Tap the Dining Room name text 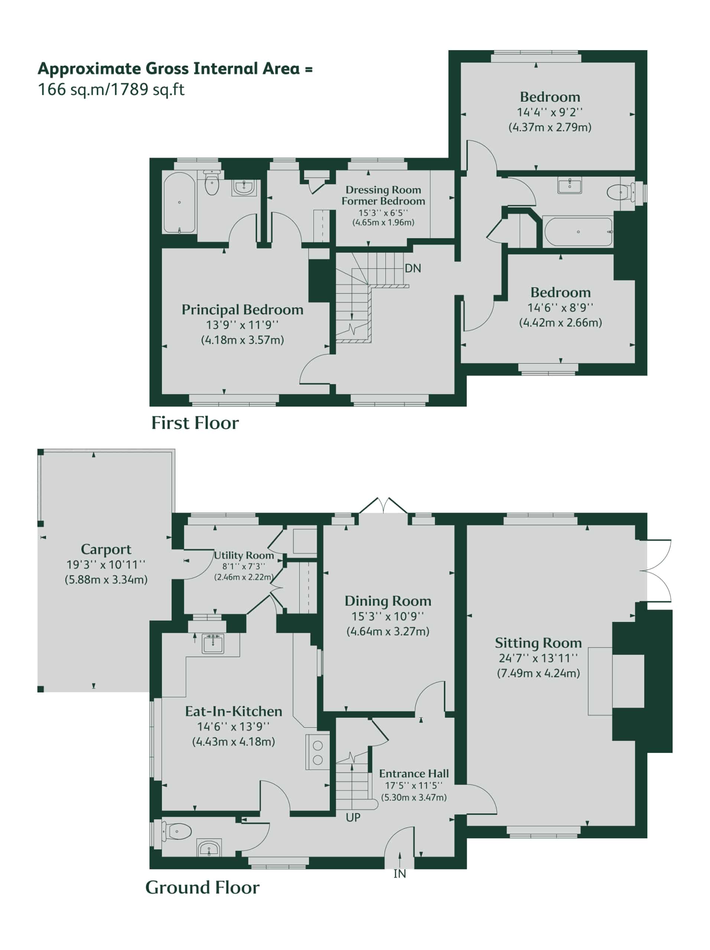(388, 601)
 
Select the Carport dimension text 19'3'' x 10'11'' (106, 564)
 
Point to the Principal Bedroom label (242, 309)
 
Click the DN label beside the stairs (413, 268)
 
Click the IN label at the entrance (400, 874)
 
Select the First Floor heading (195, 423)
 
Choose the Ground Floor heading (202, 888)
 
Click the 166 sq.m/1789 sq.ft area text (111, 90)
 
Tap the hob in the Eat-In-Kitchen (317, 752)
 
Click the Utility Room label (244, 555)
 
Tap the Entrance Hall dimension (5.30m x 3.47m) (414, 797)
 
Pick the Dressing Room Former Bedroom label (383, 196)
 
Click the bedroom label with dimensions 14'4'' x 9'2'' (550, 96)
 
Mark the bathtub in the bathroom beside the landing (578, 232)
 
